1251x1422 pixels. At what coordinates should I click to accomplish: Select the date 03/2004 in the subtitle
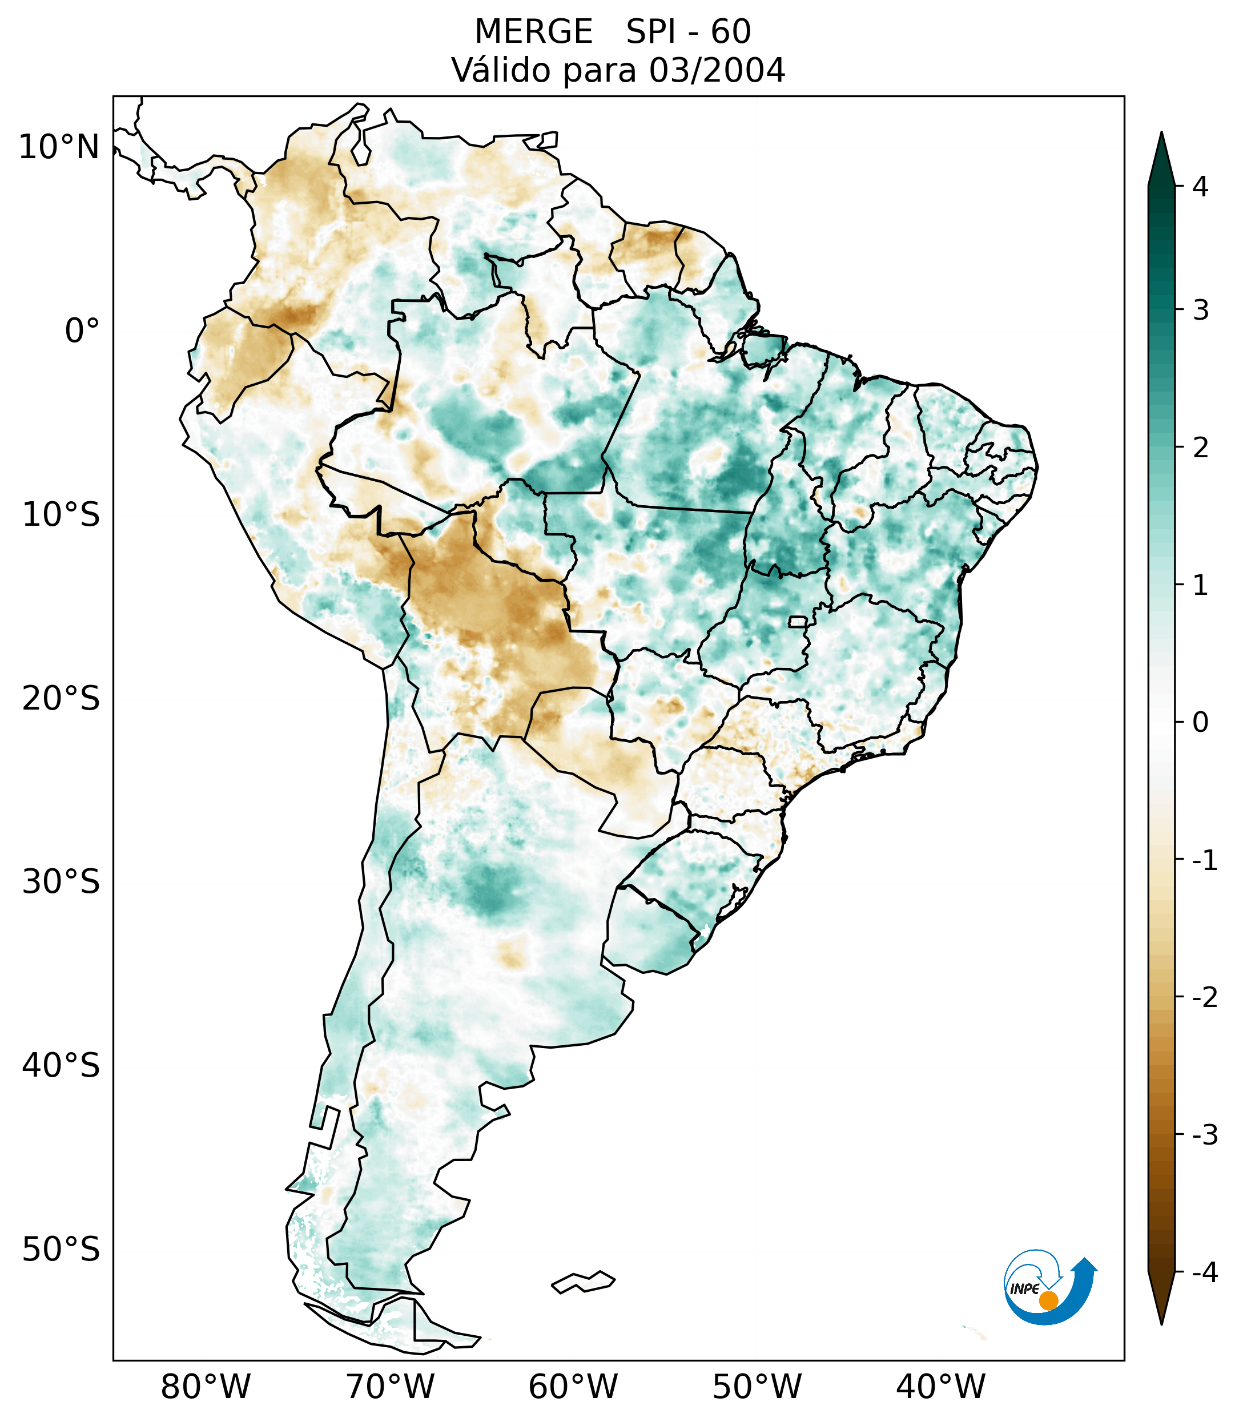717,70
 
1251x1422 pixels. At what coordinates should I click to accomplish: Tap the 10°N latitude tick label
59,147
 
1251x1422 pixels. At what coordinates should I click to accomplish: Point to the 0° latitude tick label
82,331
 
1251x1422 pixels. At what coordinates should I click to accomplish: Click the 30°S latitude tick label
61,882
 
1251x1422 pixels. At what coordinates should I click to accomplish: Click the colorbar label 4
1200,187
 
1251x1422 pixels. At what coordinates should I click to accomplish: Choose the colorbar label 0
1200,723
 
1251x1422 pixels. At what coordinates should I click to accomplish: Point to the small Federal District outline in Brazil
797,621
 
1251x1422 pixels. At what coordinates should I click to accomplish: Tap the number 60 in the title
731,32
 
